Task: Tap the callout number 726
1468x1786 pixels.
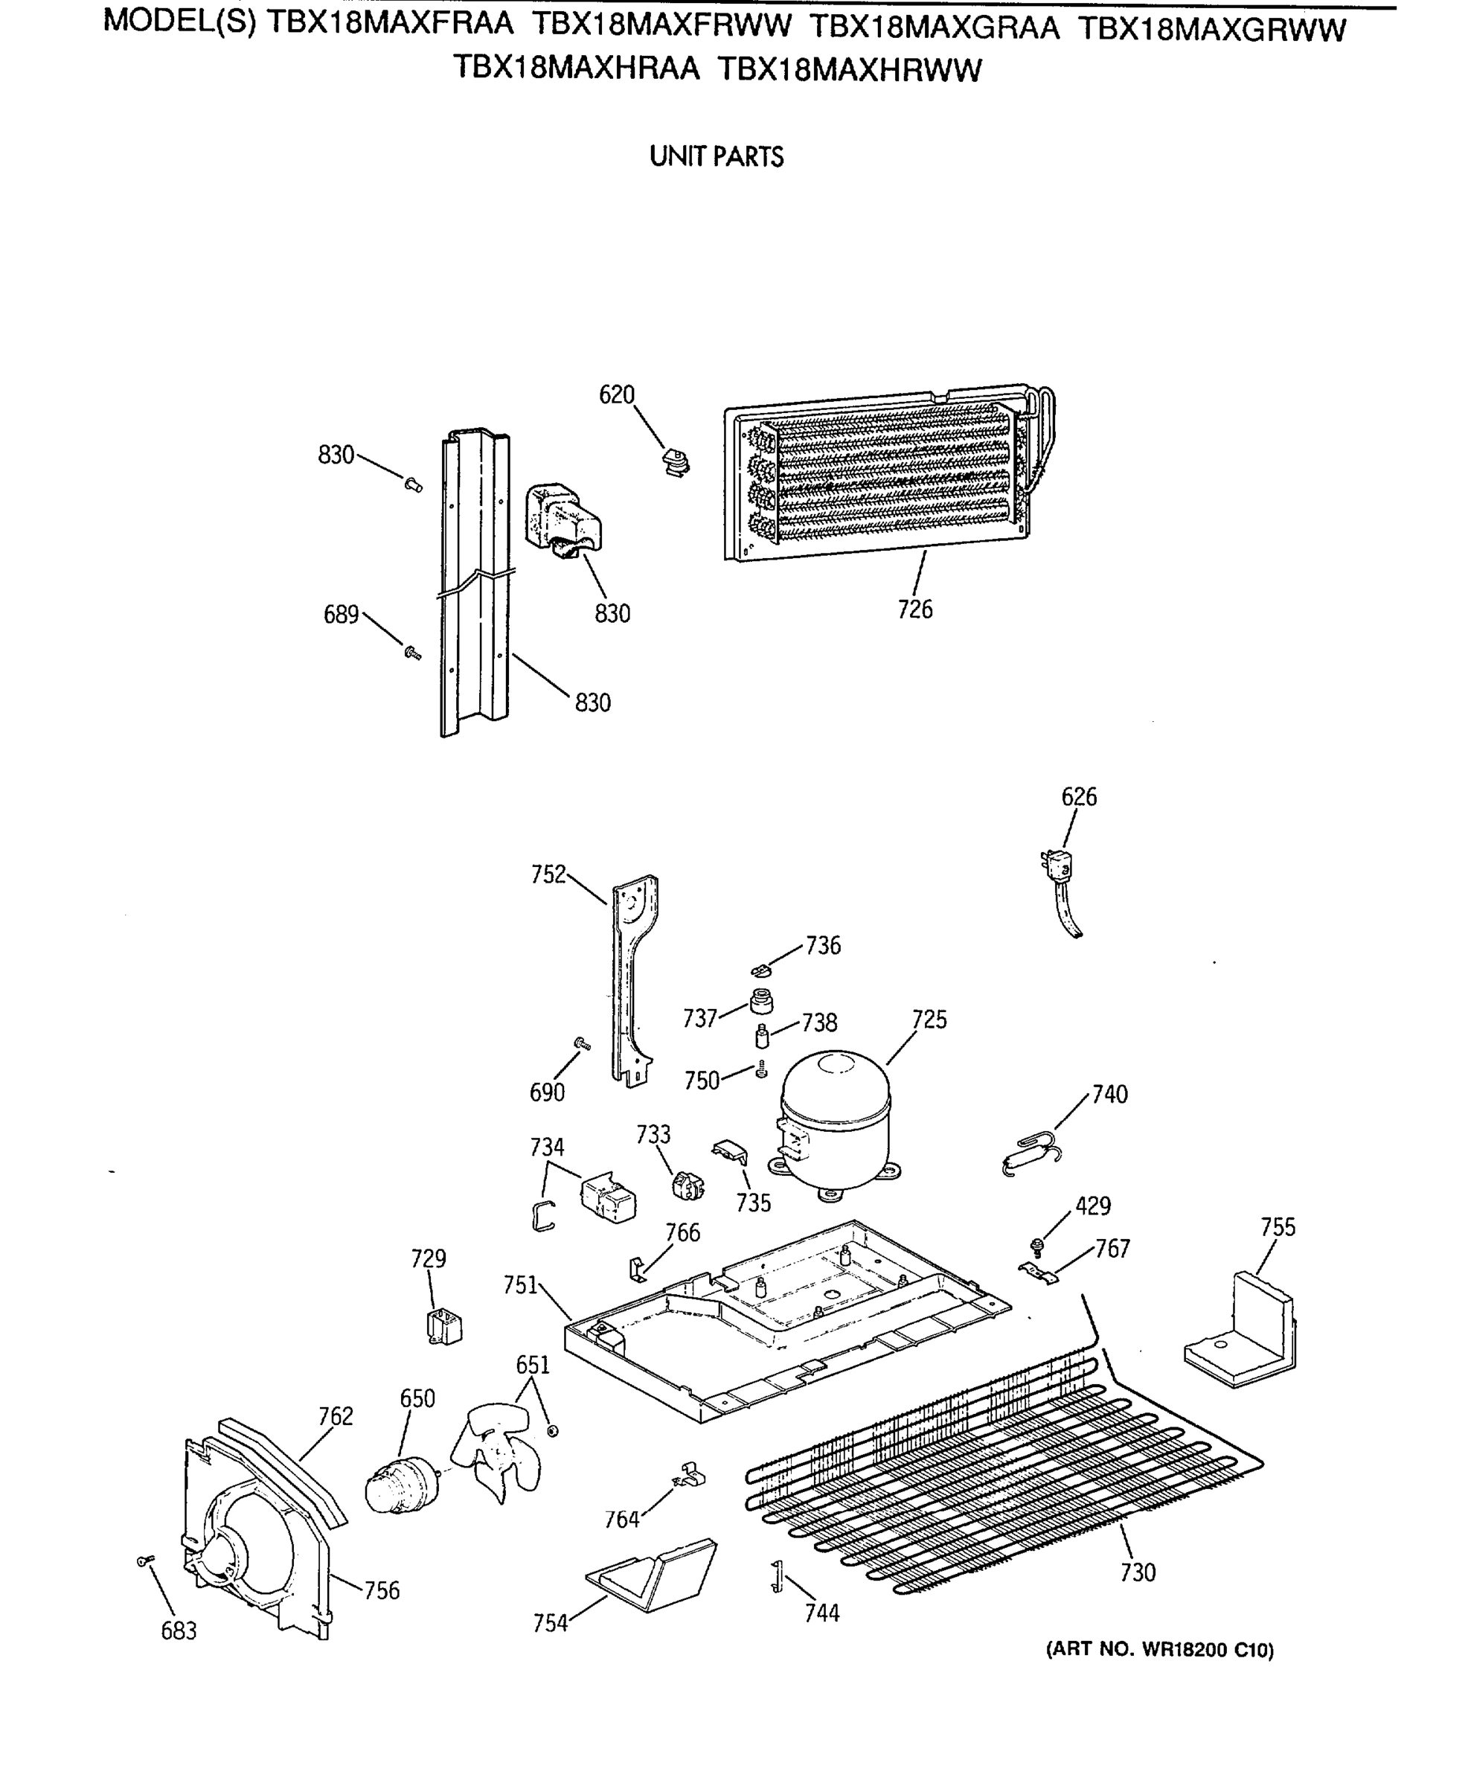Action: coord(915,609)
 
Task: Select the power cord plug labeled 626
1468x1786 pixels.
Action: coord(1057,867)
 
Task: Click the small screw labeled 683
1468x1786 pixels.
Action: coord(144,1561)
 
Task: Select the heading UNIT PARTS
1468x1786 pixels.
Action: coord(717,156)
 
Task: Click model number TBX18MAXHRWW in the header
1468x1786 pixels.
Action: coord(849,69)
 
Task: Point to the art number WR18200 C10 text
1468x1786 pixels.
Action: coord(1159,1650)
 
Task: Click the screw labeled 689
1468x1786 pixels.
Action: coord(413,652)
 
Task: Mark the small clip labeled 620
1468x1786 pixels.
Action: coord(676,461)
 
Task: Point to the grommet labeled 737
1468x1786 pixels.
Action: coord(761,1002)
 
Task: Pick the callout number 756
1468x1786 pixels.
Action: coord(382,1591)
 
